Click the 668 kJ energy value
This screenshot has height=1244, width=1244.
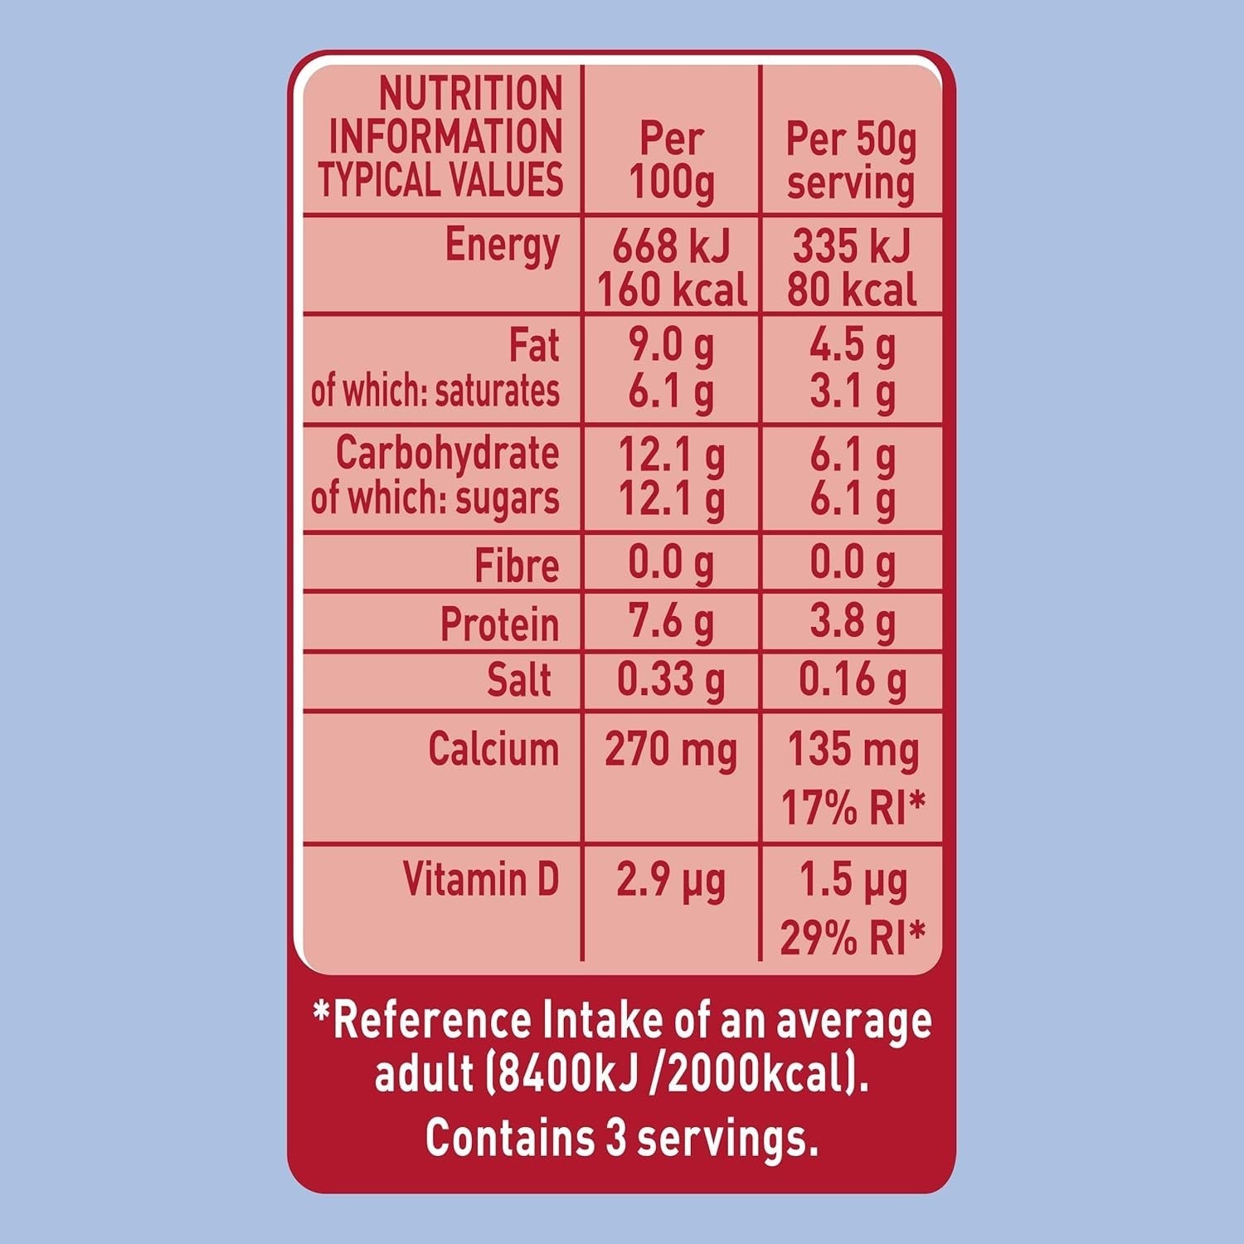point(671,246)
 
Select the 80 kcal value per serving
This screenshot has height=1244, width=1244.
point(852,290)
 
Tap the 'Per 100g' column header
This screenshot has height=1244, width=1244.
point(671,160)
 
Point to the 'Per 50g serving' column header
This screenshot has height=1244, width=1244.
point(851,160)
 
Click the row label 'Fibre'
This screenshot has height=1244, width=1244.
point(516,566)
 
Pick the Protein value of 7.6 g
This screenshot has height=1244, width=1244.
point(671,623)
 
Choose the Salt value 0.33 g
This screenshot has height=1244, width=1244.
point(671,680)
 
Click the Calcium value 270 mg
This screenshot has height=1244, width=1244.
point(671,750)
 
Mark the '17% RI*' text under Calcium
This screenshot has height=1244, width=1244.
point(853,807)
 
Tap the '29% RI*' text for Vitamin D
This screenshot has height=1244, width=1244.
point(853,938)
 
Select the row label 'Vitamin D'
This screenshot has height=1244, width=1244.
point(481,879)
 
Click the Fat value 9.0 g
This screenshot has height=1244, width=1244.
point(671,347)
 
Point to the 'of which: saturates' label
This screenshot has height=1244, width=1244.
point(435,391)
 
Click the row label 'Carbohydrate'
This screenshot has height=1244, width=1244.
point(447,454)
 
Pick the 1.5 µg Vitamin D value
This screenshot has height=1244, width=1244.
point(853,881)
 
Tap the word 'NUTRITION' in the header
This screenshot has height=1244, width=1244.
point(470,93)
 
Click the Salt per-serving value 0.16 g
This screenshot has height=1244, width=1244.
point(853,680)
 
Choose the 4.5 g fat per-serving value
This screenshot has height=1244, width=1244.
point(853,347)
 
